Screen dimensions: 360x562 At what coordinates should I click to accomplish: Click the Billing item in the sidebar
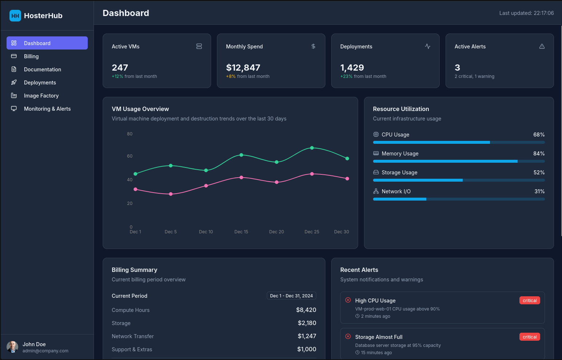click(x=31, y=56)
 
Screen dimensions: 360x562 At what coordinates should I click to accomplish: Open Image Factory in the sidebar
click(x=41, y=96)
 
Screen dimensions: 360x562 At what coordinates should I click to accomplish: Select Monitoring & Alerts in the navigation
click(x=47, y=109)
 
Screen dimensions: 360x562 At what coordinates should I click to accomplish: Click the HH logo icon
click(x=15, y=16)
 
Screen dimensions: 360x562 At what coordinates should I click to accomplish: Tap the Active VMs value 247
click(x=120, y=68)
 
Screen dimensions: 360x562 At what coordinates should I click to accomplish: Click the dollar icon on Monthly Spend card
click(x=313, y=46)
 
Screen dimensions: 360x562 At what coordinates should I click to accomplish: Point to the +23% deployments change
click(x=346, y=76)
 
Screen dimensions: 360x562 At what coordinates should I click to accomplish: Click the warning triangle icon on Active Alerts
click(x=542, y=46)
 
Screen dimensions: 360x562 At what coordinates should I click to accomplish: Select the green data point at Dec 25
click(x=312, y=148)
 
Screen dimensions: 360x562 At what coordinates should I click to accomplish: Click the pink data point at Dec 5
click(x=171, y=194)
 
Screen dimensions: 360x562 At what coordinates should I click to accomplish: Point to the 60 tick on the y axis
click(x=130, y=156)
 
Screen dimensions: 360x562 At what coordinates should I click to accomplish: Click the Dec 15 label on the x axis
click(x=241, y=232)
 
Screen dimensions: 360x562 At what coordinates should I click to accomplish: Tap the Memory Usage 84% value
click(x=539, y=154)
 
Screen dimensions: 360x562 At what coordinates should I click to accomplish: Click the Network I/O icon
click(x=376, y=191)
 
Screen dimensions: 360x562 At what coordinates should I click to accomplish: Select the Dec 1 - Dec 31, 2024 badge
click(x=291, y=296)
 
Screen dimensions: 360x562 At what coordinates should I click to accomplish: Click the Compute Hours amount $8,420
click(x=306, y=310)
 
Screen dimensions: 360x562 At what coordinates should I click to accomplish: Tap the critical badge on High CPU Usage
click(x=529, y=301)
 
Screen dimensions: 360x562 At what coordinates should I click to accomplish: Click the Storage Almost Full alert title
click(x=379, y=337)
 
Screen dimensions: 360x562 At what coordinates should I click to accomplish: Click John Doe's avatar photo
click(x=12, y=347)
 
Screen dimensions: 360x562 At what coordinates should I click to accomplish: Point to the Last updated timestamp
click(x=526, y=13)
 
